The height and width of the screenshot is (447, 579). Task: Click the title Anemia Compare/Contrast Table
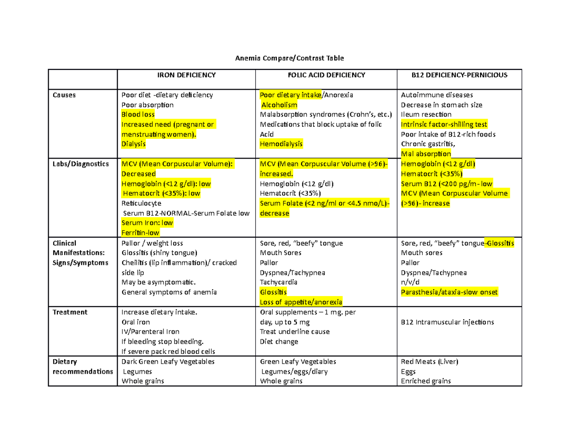click(x=289, y=58)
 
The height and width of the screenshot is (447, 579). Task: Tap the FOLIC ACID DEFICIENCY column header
click(x=326, y=75)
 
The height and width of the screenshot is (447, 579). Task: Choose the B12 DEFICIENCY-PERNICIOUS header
click(x=459, y=75)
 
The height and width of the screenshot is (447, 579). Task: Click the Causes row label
click(x=64, y=95)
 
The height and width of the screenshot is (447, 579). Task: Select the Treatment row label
click(x=70, y=312)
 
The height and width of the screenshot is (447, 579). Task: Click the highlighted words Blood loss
click(x=138, y=115)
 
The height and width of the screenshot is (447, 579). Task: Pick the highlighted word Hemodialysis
click(x=282, y=144)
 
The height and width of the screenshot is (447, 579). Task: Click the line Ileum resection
click(x=426, y=115)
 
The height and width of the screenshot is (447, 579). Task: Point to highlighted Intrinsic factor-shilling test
click(x=444, y=124)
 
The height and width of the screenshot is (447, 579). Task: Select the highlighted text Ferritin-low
click(x=140, y=233)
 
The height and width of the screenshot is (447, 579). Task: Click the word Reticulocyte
click(x=141, y=203)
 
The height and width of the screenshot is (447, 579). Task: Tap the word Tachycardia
click(x=278, y=282)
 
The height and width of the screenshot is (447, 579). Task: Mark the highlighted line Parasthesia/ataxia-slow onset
click(x=449, y=292)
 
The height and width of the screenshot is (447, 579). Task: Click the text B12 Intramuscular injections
click(x=447, y=322)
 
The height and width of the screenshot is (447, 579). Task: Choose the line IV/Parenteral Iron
click(x=151, y=332)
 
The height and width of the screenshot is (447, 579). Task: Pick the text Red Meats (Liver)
click(x=429, y=362)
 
